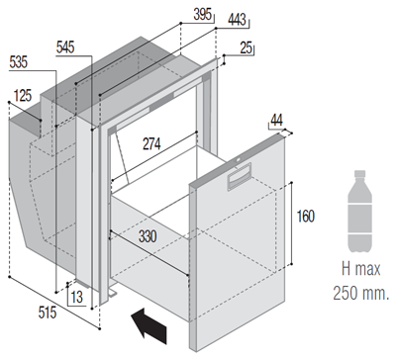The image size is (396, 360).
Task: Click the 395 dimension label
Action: coord(202,14)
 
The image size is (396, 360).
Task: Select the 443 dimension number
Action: coord(237,20)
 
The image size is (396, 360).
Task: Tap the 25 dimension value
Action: coord(247,47)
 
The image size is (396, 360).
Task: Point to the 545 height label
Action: coord(65,47)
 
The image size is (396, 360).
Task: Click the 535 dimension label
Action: coord(19,62)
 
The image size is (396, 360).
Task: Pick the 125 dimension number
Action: coord(23,96)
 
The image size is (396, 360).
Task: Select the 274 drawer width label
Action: coord(151,143)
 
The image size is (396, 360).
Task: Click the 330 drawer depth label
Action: coord(148,236)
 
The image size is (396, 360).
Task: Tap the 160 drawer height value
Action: coord(306,217)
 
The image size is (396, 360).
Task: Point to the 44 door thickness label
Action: coord(276,120)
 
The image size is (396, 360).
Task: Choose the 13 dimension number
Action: coord(76,297)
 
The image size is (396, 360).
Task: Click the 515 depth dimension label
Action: coord(48,313)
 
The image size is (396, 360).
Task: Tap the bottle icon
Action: coord(359,212)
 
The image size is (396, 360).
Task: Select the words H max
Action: coord(360,269)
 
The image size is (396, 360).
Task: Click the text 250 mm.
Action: coord(360,293)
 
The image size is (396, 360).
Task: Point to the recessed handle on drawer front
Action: coord(240,177)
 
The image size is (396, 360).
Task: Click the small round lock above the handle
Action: coord(238,160)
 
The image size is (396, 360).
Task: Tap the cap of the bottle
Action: coord(359,174)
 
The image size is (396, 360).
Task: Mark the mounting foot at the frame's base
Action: coord(112,293)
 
